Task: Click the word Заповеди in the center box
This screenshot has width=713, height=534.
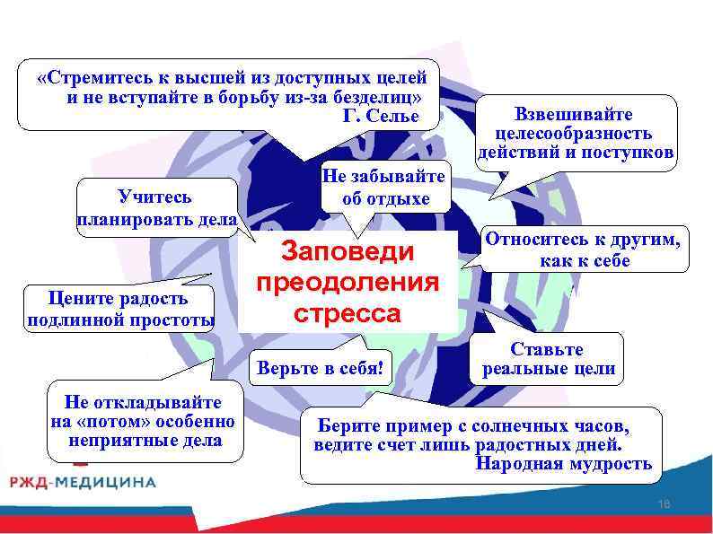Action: pyautogui.click(x=348, y=252)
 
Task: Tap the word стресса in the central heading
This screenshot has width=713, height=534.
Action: pyautogui.click(x=348, y=315)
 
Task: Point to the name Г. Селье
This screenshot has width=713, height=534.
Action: pyautogui.click(x=381, y=115)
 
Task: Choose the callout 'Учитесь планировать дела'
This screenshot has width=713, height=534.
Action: pyautogui.click(x=157, y=208)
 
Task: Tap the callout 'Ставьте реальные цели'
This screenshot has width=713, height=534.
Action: pyautogui.click(x=548, y=358)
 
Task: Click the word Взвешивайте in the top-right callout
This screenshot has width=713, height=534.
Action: pyautogui.click(x=574, y=115)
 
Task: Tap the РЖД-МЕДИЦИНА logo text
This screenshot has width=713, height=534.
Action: pyautogui.click(x=83, y=482)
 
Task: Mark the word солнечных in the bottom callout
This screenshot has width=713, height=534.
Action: pyautogui.click(x=500, y=426)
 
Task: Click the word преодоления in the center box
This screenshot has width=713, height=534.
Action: pyautogui.click(x=348, y=284)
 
